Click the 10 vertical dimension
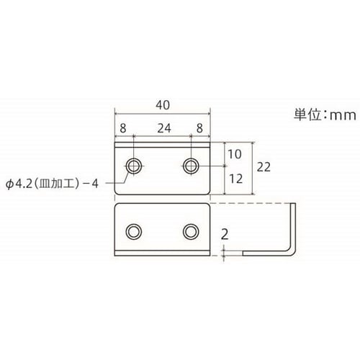point(235,153)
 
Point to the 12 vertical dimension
point(235,178)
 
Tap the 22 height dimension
point(264,167)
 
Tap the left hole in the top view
point(133,166)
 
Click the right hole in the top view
point(190,166)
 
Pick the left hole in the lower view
point(133,230)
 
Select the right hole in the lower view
point(190,230)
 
